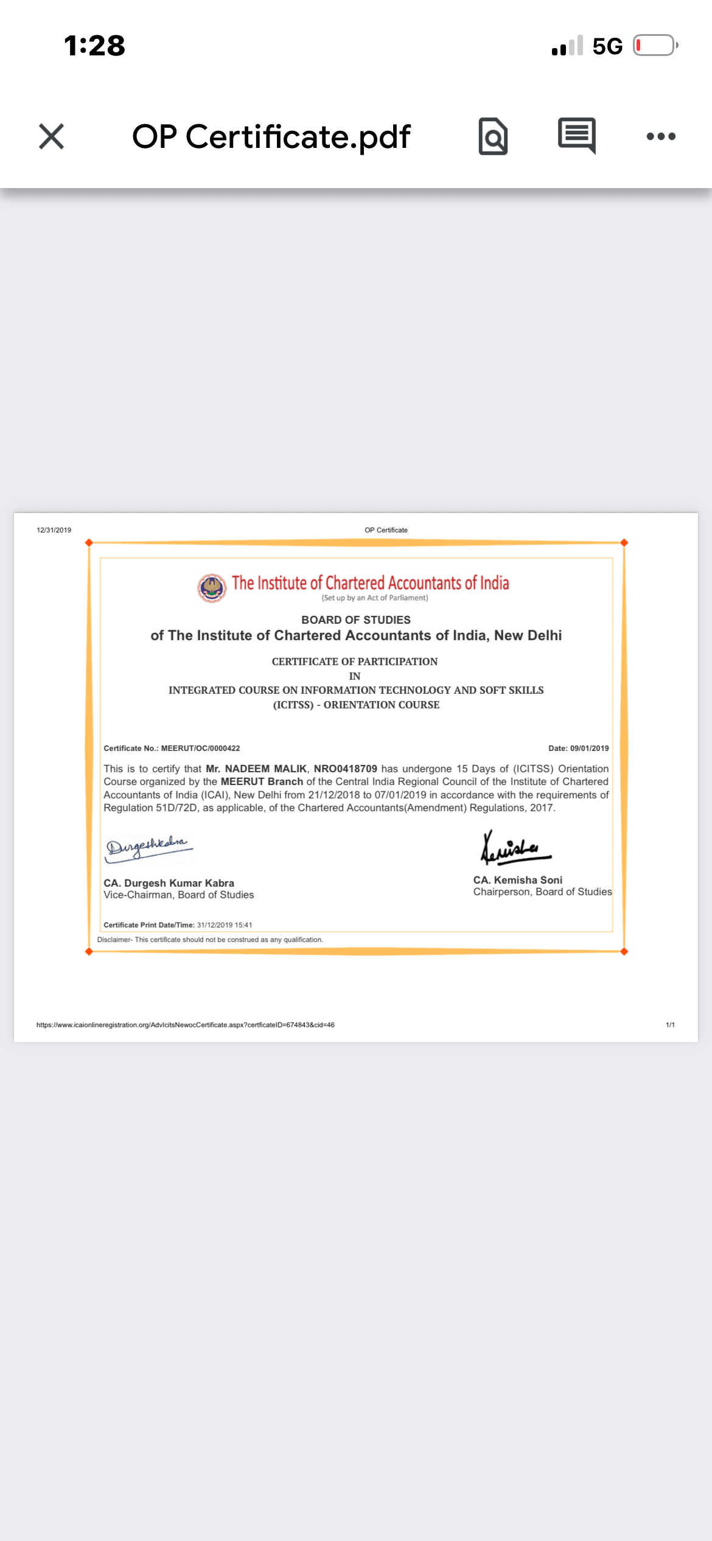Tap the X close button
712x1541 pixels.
pyautogui.click(x=51, y=136)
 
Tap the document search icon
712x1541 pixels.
pyautogui.click(x=493, y=136)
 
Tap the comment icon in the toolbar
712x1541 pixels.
pyautogui.click(x=576, y=135)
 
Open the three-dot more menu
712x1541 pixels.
pyautogui.click(x=661, y=136)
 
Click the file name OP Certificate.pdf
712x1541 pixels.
pyautogui.click(x=271, y=137)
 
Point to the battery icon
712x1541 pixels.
pyautogui.click(x=655, y=46)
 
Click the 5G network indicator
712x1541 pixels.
pyautogui.click(x=607, y=46)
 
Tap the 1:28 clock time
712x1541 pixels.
pyautogui.click(x=94, y=46)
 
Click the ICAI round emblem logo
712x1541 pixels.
pyautogui.click(x=212, y=588)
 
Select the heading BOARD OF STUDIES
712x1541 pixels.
pyautogui.click(x=356, y=620)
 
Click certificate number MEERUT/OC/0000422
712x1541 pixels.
pyautogui.click(x=200, y=749)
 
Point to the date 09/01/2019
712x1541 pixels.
pyautogui.click(x=589, y=749)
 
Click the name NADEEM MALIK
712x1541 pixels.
pyautogui.click(x=265, y=769)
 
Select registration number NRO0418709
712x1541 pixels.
pyautogui.click(x=345, y=769)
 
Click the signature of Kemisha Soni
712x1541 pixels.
pyautogui.click(x=514, y=848)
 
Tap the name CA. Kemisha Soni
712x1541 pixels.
pyautogui.click(x=518, y=880)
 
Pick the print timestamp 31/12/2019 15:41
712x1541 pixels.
pyautogui.click(x=224, y=925)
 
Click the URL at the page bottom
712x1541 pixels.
pyautogui.click(x=185, y=1025)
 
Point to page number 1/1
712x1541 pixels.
pyautogui.click(x=670, y=1025)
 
